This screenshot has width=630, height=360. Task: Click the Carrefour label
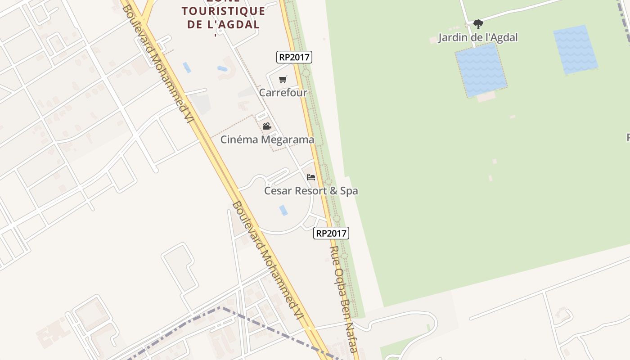(x=283, y=93)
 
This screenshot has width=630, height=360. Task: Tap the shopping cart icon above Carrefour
(x=283, y=80)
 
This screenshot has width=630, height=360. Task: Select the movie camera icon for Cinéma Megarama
(x=267, y=126)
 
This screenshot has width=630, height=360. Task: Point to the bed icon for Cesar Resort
(x=311, y=177)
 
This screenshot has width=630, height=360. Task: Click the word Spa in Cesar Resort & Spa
(x=349, y=191)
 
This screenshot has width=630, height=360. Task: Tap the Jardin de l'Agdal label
(x=478, y=37)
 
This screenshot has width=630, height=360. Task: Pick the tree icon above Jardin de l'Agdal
(x=478, y=24)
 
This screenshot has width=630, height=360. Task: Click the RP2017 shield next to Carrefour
(x=294, y=57)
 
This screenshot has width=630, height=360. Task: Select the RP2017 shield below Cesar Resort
(x=331, y=233)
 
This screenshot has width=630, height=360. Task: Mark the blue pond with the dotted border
(x=481, y=70)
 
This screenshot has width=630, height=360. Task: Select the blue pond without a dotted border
(x=576, y=49)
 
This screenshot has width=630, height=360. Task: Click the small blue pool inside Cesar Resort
(x=283, y=210)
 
